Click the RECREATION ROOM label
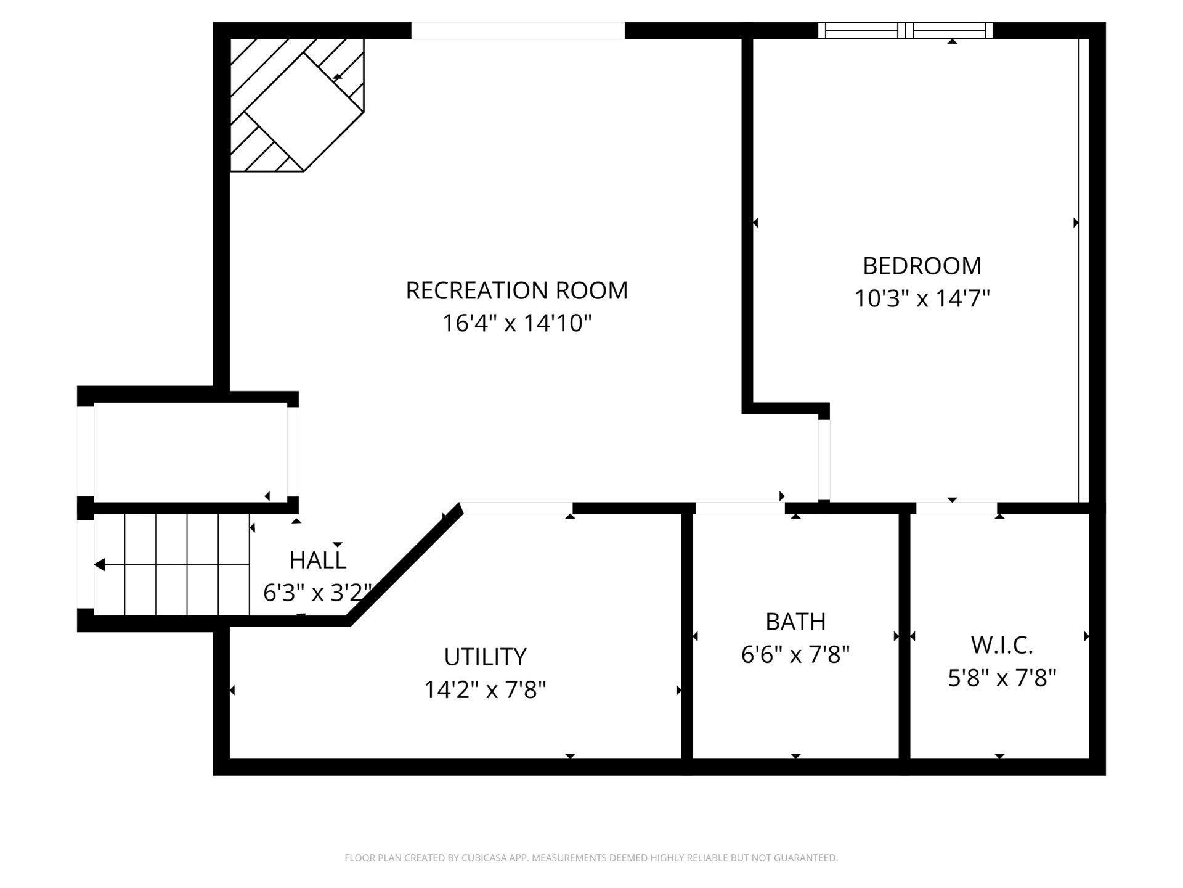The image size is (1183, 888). pyautogui.click(x=516, y=290)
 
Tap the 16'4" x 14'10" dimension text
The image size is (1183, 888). pyautogui.click(x=516, y=323)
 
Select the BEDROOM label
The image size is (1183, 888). pyautogui.click(x=922, y=266)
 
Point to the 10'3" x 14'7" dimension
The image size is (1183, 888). pyautogui.click(x=922, y=299)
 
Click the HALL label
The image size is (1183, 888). pyautogui.click(x=317, y=561)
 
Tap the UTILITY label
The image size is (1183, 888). pyautogui.click(x=485, y=657)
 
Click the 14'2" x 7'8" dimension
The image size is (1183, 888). pyautogui.click(x=485, y=689)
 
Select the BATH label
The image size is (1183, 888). pyautogui.click(x=795, y=622)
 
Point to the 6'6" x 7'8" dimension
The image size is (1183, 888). pyautogui.click(x=795, y=654)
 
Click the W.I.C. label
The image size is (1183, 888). pyautogui.click(x=1002, y=646)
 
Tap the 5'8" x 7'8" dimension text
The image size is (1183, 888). pyautogui.click(x=1002, y=678)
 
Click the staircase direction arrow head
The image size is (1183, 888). pyautogui.click(x=99, y=565)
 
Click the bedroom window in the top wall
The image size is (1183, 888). pyautogui.click(x=905, y=30)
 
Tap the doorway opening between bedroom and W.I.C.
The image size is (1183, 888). pyautogui.click(x=956, y=508)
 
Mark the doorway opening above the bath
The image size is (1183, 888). pyautogui.click(x=740, y=508)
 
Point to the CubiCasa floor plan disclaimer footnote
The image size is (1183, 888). pyautogui.click(x=591, y=858)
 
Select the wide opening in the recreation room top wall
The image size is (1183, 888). pyautogui.click(x=518, y=30)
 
